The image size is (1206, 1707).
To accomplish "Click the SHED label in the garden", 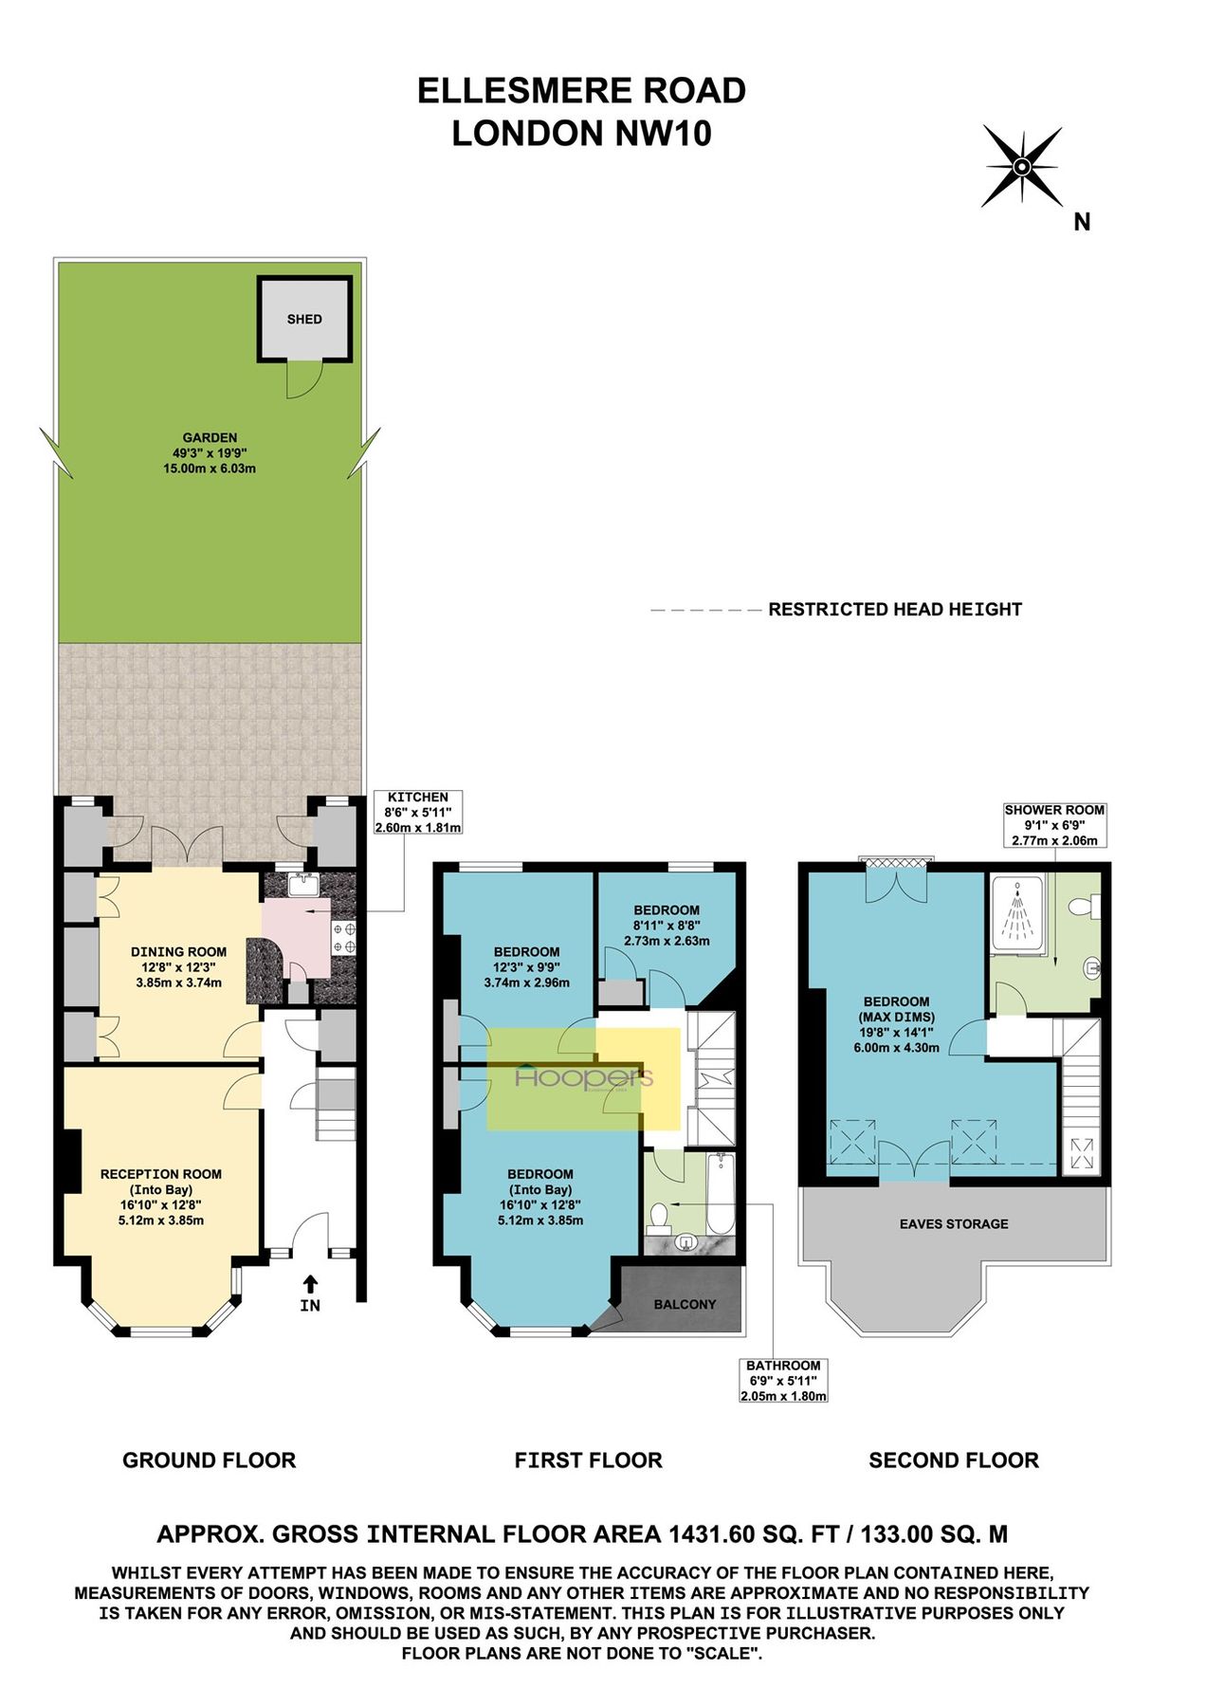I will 304,320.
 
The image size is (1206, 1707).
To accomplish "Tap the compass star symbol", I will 1021,168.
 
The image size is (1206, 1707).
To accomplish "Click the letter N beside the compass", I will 1082,222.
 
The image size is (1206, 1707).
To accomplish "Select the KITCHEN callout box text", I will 418,812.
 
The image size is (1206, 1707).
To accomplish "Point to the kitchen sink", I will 304,885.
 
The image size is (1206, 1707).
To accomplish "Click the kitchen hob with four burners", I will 344,937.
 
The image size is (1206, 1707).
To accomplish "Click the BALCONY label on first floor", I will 685,1304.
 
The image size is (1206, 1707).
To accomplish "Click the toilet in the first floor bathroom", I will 659,1217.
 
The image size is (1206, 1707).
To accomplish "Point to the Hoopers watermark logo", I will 583,1078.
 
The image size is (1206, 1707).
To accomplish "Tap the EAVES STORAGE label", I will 954,1223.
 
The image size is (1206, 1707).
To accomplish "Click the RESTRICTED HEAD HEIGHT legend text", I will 894,610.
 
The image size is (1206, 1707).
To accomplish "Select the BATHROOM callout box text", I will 783,1380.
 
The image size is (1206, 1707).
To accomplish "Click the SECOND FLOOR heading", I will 954,1459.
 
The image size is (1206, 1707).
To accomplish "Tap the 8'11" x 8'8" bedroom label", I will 667,925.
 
